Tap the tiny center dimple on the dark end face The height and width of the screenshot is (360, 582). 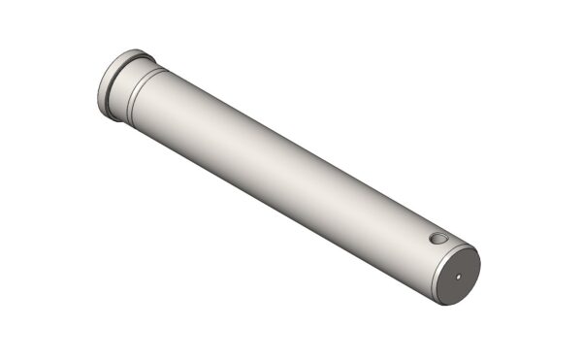click(x=459, y=275)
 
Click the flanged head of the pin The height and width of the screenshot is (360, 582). click(x=114, y=84)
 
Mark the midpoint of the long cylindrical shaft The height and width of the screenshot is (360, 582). click(x=291, y=175)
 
